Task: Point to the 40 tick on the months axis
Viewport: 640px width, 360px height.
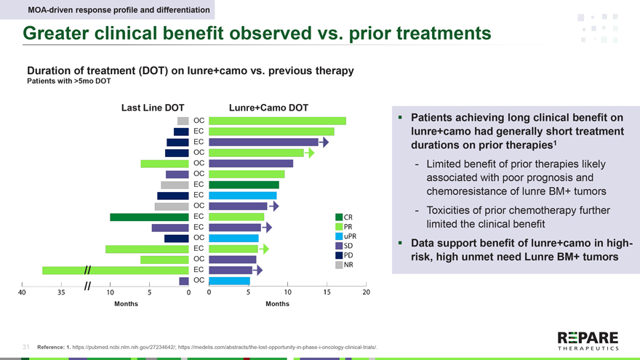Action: pos(23,292)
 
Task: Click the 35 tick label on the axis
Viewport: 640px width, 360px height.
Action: pos(61,292)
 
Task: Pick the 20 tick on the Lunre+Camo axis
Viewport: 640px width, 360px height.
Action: pos(366,292)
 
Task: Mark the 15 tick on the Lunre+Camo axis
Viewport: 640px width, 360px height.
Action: pos(327,292)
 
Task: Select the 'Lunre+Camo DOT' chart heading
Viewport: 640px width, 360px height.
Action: pos(268,108)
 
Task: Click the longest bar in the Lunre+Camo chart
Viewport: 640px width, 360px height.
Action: pos(277,121)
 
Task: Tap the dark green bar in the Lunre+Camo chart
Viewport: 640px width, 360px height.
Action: pos(244,185)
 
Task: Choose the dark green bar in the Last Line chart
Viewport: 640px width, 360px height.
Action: pos(149,217)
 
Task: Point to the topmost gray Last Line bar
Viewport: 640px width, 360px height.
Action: pos(183,121)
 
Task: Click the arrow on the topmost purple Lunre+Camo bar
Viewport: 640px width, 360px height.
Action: pos(324,142)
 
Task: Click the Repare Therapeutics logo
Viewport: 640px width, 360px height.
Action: pos(587,340)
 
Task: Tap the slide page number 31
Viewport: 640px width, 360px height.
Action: pos(25,347)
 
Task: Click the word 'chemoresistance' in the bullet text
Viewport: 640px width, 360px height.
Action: pos(465,191)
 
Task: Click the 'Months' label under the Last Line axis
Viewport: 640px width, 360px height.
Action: pos(127,304)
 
